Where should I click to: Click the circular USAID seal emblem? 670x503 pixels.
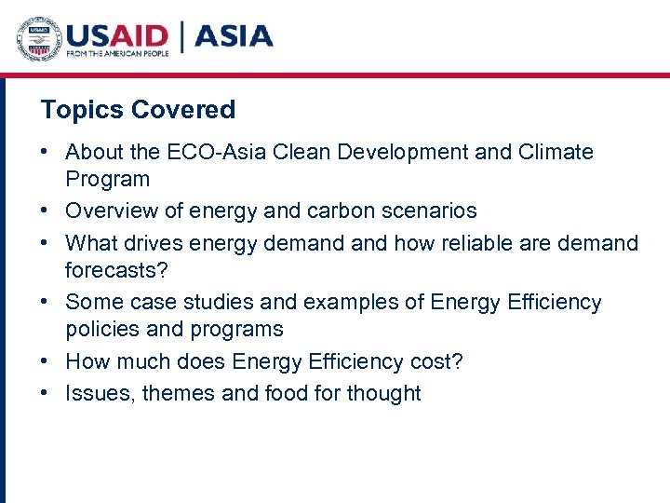pos(38,38)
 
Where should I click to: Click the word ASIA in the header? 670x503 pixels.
pos(234,36)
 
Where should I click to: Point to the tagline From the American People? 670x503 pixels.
pos(116,55)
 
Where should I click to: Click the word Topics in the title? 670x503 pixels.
pos(82,110)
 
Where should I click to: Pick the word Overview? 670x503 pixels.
pos(111,211)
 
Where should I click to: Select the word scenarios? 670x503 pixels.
pos(433,211)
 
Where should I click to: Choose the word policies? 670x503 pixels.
pos(100,330)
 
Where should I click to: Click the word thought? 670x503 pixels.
pos(383,393)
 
